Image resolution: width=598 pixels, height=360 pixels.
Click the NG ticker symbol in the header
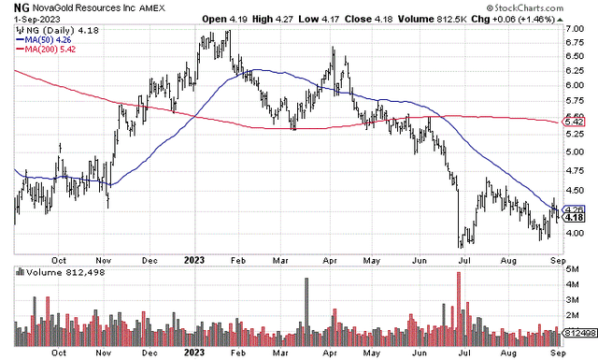[9, 9]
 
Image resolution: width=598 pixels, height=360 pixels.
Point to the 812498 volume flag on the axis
[578, 331]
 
